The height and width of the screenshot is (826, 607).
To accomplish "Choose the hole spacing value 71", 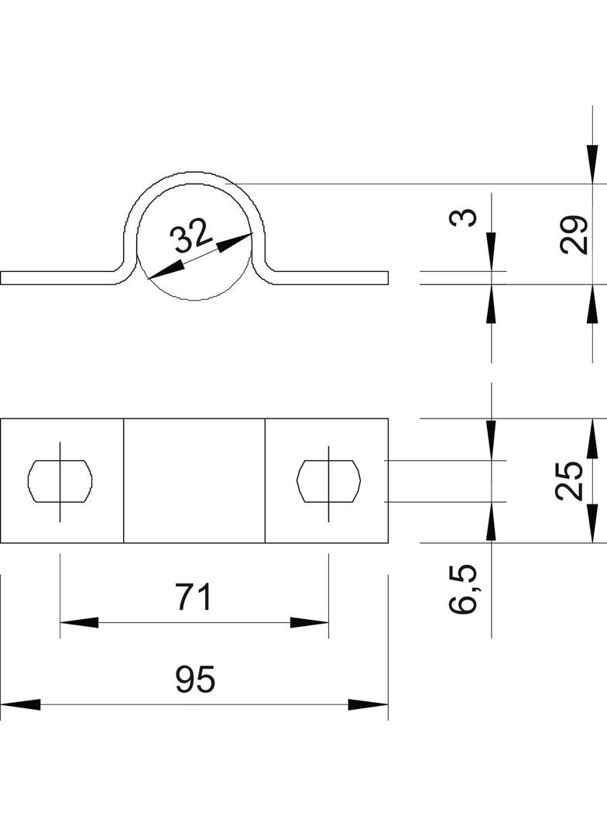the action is coord(194,597).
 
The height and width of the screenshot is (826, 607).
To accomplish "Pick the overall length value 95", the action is coord(195,679).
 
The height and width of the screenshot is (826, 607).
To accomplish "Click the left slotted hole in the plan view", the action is coord(60,480).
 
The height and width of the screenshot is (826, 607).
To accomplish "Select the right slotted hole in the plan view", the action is coord(328,480).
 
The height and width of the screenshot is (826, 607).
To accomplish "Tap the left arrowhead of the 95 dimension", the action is coord(21,704).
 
